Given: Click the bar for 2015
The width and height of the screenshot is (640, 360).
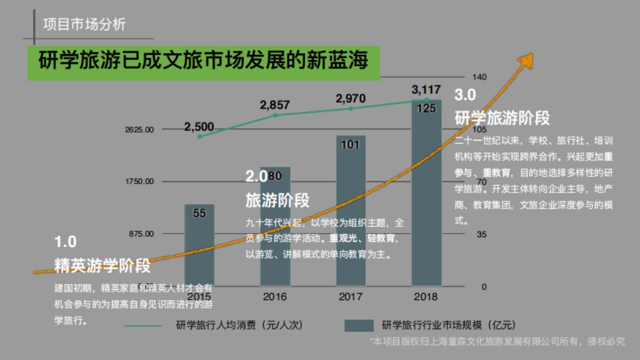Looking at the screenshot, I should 199,245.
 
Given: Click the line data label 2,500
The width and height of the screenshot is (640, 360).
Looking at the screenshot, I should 199,127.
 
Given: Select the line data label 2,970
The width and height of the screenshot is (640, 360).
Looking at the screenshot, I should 350,99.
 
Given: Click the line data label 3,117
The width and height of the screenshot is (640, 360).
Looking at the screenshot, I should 426,89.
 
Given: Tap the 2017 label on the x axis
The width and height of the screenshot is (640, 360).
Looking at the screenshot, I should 350,297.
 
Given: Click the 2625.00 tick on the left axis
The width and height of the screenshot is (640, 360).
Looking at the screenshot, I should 140,130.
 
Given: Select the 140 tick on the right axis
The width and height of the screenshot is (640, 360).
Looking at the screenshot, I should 480,77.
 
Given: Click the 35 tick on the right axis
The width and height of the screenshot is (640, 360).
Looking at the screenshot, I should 482,234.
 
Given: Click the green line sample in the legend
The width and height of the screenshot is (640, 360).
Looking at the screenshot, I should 142,325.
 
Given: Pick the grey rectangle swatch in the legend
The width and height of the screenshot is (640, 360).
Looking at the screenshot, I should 358,325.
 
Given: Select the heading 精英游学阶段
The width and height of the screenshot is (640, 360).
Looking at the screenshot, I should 102,265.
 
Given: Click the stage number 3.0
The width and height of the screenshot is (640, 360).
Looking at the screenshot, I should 465,95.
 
